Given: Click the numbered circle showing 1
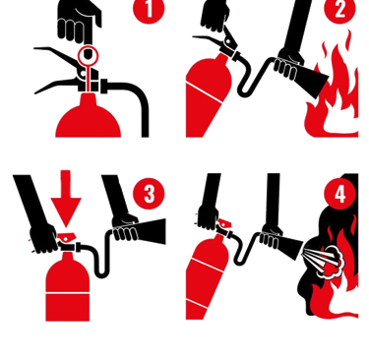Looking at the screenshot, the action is tap(149, 8).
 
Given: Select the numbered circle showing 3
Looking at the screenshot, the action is tap(149, 194).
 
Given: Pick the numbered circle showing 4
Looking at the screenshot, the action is tap(340, 194).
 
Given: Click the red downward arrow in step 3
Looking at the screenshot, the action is tap(66, 197).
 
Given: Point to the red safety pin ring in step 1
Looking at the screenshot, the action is tap(88, 55).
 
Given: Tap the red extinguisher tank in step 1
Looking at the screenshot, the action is tap(88, 118).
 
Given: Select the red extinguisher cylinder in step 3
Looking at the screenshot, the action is tap(68, 288).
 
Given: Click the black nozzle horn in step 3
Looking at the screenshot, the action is tap(151, 231).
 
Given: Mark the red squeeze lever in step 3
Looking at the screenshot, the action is tap(67, 237).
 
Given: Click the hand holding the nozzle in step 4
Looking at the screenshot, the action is tap(271, 237).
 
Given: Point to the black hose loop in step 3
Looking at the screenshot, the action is tap(98, 256).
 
